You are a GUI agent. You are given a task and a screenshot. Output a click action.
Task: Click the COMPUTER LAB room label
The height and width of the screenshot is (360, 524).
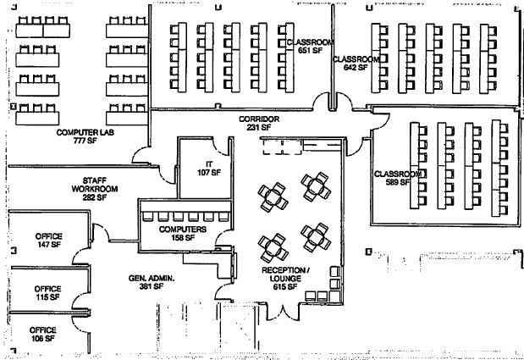[x=85, y=133]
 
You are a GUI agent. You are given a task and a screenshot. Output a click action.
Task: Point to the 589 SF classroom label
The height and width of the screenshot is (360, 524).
[x=393, y=183]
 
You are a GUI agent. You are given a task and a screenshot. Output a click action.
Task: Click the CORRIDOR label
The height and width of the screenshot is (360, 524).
[x=258, y=119]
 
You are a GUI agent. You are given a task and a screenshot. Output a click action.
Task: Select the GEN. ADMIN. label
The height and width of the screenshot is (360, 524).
[x=149, y=277]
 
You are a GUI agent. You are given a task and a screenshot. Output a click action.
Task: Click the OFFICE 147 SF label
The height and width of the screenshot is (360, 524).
[x=48, y=235]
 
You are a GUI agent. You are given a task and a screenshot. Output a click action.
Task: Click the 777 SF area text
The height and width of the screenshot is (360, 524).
[x=85, y=141]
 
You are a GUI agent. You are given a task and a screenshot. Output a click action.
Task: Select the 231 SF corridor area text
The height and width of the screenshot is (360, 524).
[x=258, y=128]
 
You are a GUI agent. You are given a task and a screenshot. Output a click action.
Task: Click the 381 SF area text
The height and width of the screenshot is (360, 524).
[x=150, y=286]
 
